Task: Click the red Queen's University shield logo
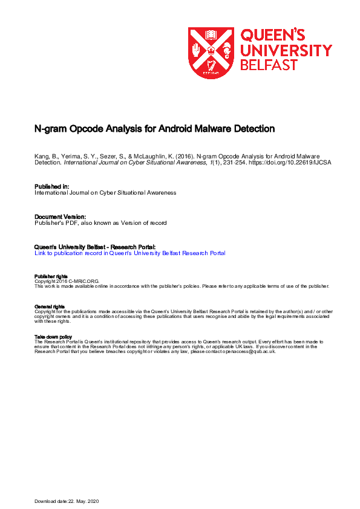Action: pyautogui.click(x=211, y=53)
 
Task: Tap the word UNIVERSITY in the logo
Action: pyautogui.click(x=286, y=50)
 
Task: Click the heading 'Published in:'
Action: pyautogui.click(x=51, y=187)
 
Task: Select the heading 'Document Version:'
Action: pyautogui.click(x=60, y=216)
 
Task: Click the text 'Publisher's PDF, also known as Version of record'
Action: pyautogui.click(x=100, y=222)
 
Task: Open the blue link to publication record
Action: pyautogui.click(x=130, y=253)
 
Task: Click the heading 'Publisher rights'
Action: pyautogui.click(x=51, y=276)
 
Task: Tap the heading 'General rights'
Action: pyautogui.click(x=50, y=307)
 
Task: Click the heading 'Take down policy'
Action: pyautogui.click(x=53, y=337)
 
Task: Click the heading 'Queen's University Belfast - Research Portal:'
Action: pyautogui.click(x=96, y=247)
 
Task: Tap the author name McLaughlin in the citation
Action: pyautogui.click(x=148, y=157)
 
